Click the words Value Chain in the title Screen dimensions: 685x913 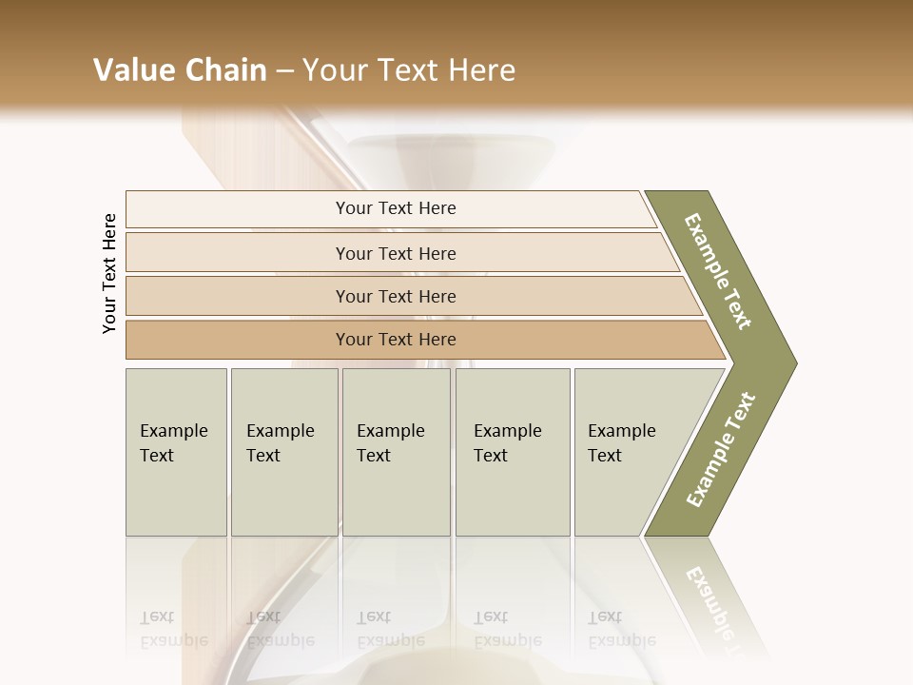pos(180,70)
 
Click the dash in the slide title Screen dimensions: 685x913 pos(284,71)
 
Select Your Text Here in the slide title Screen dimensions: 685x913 pos(409,70)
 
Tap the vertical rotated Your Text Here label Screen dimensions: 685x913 pos(109,273)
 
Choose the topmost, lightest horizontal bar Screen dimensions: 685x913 pos(395,208)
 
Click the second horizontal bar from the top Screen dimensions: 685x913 pos(395,253)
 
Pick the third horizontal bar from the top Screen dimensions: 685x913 pos(395,296)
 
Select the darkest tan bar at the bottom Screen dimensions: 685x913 pos(395,340)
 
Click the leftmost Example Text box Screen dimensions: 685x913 pos(176,452)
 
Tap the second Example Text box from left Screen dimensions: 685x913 pos(283,452)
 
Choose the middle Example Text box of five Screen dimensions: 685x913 pos(396,452)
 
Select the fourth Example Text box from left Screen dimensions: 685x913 pos(512,452)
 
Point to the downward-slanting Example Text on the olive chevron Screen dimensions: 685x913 pos(718,271)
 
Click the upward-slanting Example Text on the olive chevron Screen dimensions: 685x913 pos(720,450)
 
